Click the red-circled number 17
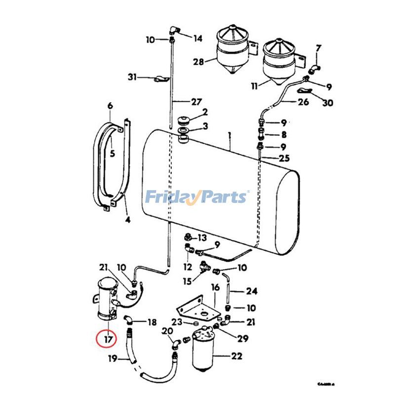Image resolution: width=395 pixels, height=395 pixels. tap(107, 340)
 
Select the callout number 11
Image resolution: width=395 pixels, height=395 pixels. tap(254, 86)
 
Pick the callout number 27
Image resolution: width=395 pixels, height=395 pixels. tap(196, 102)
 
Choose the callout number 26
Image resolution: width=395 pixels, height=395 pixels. tap(303, 103)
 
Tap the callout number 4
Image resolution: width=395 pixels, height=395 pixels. tap(127, 220)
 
